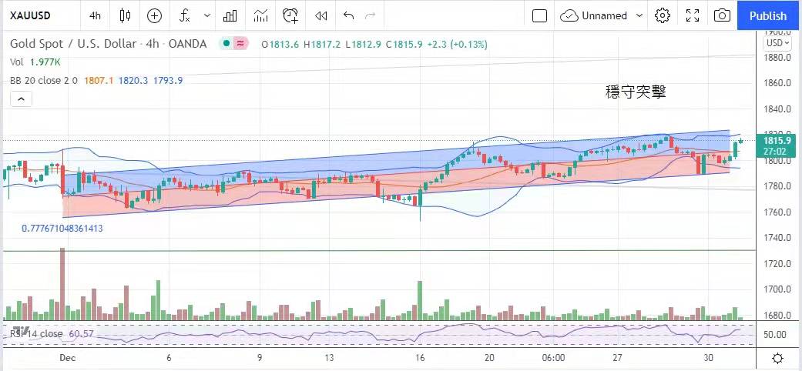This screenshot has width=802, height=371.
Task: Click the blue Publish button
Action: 768,15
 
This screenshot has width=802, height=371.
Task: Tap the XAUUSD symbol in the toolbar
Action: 31,15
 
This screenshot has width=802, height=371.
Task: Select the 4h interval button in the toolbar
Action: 95,15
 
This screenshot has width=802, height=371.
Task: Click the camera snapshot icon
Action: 722,15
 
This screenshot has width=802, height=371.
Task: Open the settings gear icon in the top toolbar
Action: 663,15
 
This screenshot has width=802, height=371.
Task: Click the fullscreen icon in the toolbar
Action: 693,15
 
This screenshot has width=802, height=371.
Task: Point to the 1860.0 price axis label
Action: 778,83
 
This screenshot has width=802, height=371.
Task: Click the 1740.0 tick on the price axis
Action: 778,238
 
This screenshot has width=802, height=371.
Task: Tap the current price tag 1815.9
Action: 778,141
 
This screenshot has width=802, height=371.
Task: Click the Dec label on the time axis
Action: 67,358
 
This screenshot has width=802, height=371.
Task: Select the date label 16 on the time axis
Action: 421,358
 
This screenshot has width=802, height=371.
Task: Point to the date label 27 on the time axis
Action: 618,358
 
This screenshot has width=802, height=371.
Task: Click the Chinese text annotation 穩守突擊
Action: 636,92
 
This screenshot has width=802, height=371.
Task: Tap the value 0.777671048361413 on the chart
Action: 62,229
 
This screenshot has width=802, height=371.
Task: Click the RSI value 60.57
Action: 81,333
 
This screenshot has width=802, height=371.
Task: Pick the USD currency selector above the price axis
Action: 777,44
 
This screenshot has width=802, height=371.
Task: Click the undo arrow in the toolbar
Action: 348,15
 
